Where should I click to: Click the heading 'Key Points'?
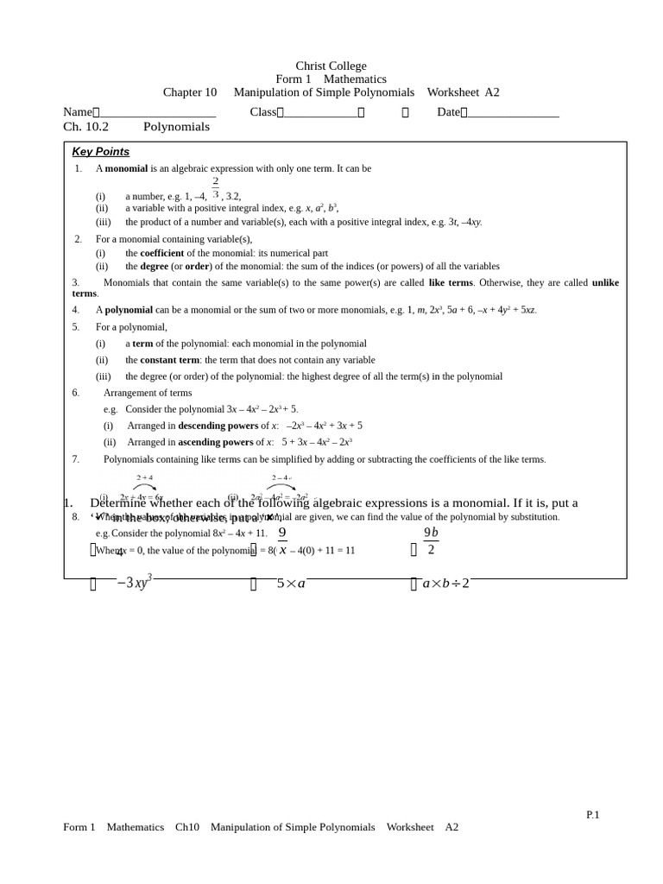click(x=100, y=152)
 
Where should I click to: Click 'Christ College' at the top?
click(x=331, y=66)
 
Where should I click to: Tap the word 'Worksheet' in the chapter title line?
click(x=452, y=92)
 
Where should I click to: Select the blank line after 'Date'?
click(x=513, y=112)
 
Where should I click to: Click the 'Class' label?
click(x=262, y=112)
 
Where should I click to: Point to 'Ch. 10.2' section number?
click(x=85, y=127)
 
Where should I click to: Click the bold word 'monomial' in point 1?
click(x=126, y=168)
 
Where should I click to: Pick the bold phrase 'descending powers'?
click(x=218, y=426)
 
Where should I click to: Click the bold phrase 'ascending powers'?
click(x=215, y=442)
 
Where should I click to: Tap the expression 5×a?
click(x=291, y=584)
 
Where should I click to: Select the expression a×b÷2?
click(x=445, y=584)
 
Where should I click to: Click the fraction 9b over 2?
click(x=431, y=541)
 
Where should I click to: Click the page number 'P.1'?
click(x=592, y=815)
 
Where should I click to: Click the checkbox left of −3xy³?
click(x=93, y=584)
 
